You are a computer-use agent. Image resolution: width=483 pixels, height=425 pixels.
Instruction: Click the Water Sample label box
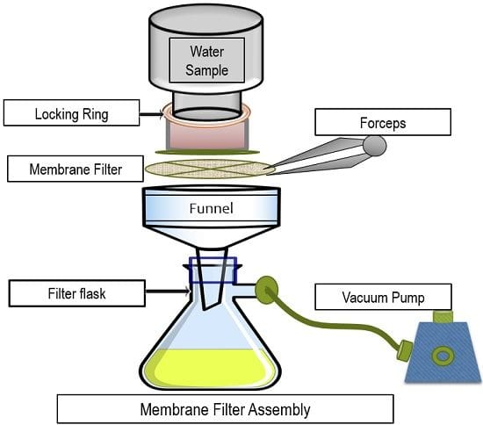[x=207, y=61]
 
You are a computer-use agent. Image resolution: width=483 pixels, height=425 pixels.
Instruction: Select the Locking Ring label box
[x=71, y=112]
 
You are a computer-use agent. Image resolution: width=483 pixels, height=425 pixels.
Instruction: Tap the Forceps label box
[x=383, y=122]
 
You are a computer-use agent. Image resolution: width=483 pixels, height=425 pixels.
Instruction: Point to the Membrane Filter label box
[x=76, y=169]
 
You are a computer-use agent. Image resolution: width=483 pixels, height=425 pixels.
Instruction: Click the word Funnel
[x=211, y=208]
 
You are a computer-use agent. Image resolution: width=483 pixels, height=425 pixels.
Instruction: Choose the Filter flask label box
[x=77, y=293]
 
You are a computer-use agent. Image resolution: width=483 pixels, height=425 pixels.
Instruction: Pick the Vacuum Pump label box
[x=383, y=297]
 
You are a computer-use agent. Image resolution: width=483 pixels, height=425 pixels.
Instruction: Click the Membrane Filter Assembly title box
[x=225, y=409]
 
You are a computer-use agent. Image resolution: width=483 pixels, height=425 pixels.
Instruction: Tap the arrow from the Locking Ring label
[x=151, y=114]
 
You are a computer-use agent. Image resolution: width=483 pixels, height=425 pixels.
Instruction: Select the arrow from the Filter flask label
[x=168, y=291]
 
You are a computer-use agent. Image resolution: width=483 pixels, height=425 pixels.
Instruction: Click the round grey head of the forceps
[x=375, y=146]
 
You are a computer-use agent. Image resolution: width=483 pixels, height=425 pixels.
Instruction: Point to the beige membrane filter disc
[x=210, y=169]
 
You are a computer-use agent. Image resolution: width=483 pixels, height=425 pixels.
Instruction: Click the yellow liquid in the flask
[x=211, y=366]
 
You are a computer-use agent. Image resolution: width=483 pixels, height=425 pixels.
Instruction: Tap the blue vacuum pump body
[x=443, y=353]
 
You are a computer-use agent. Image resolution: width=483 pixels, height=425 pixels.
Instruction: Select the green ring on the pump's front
[x=443, y=356]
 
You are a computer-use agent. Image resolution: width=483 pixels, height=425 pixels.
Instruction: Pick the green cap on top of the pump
[x=443, y=317]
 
